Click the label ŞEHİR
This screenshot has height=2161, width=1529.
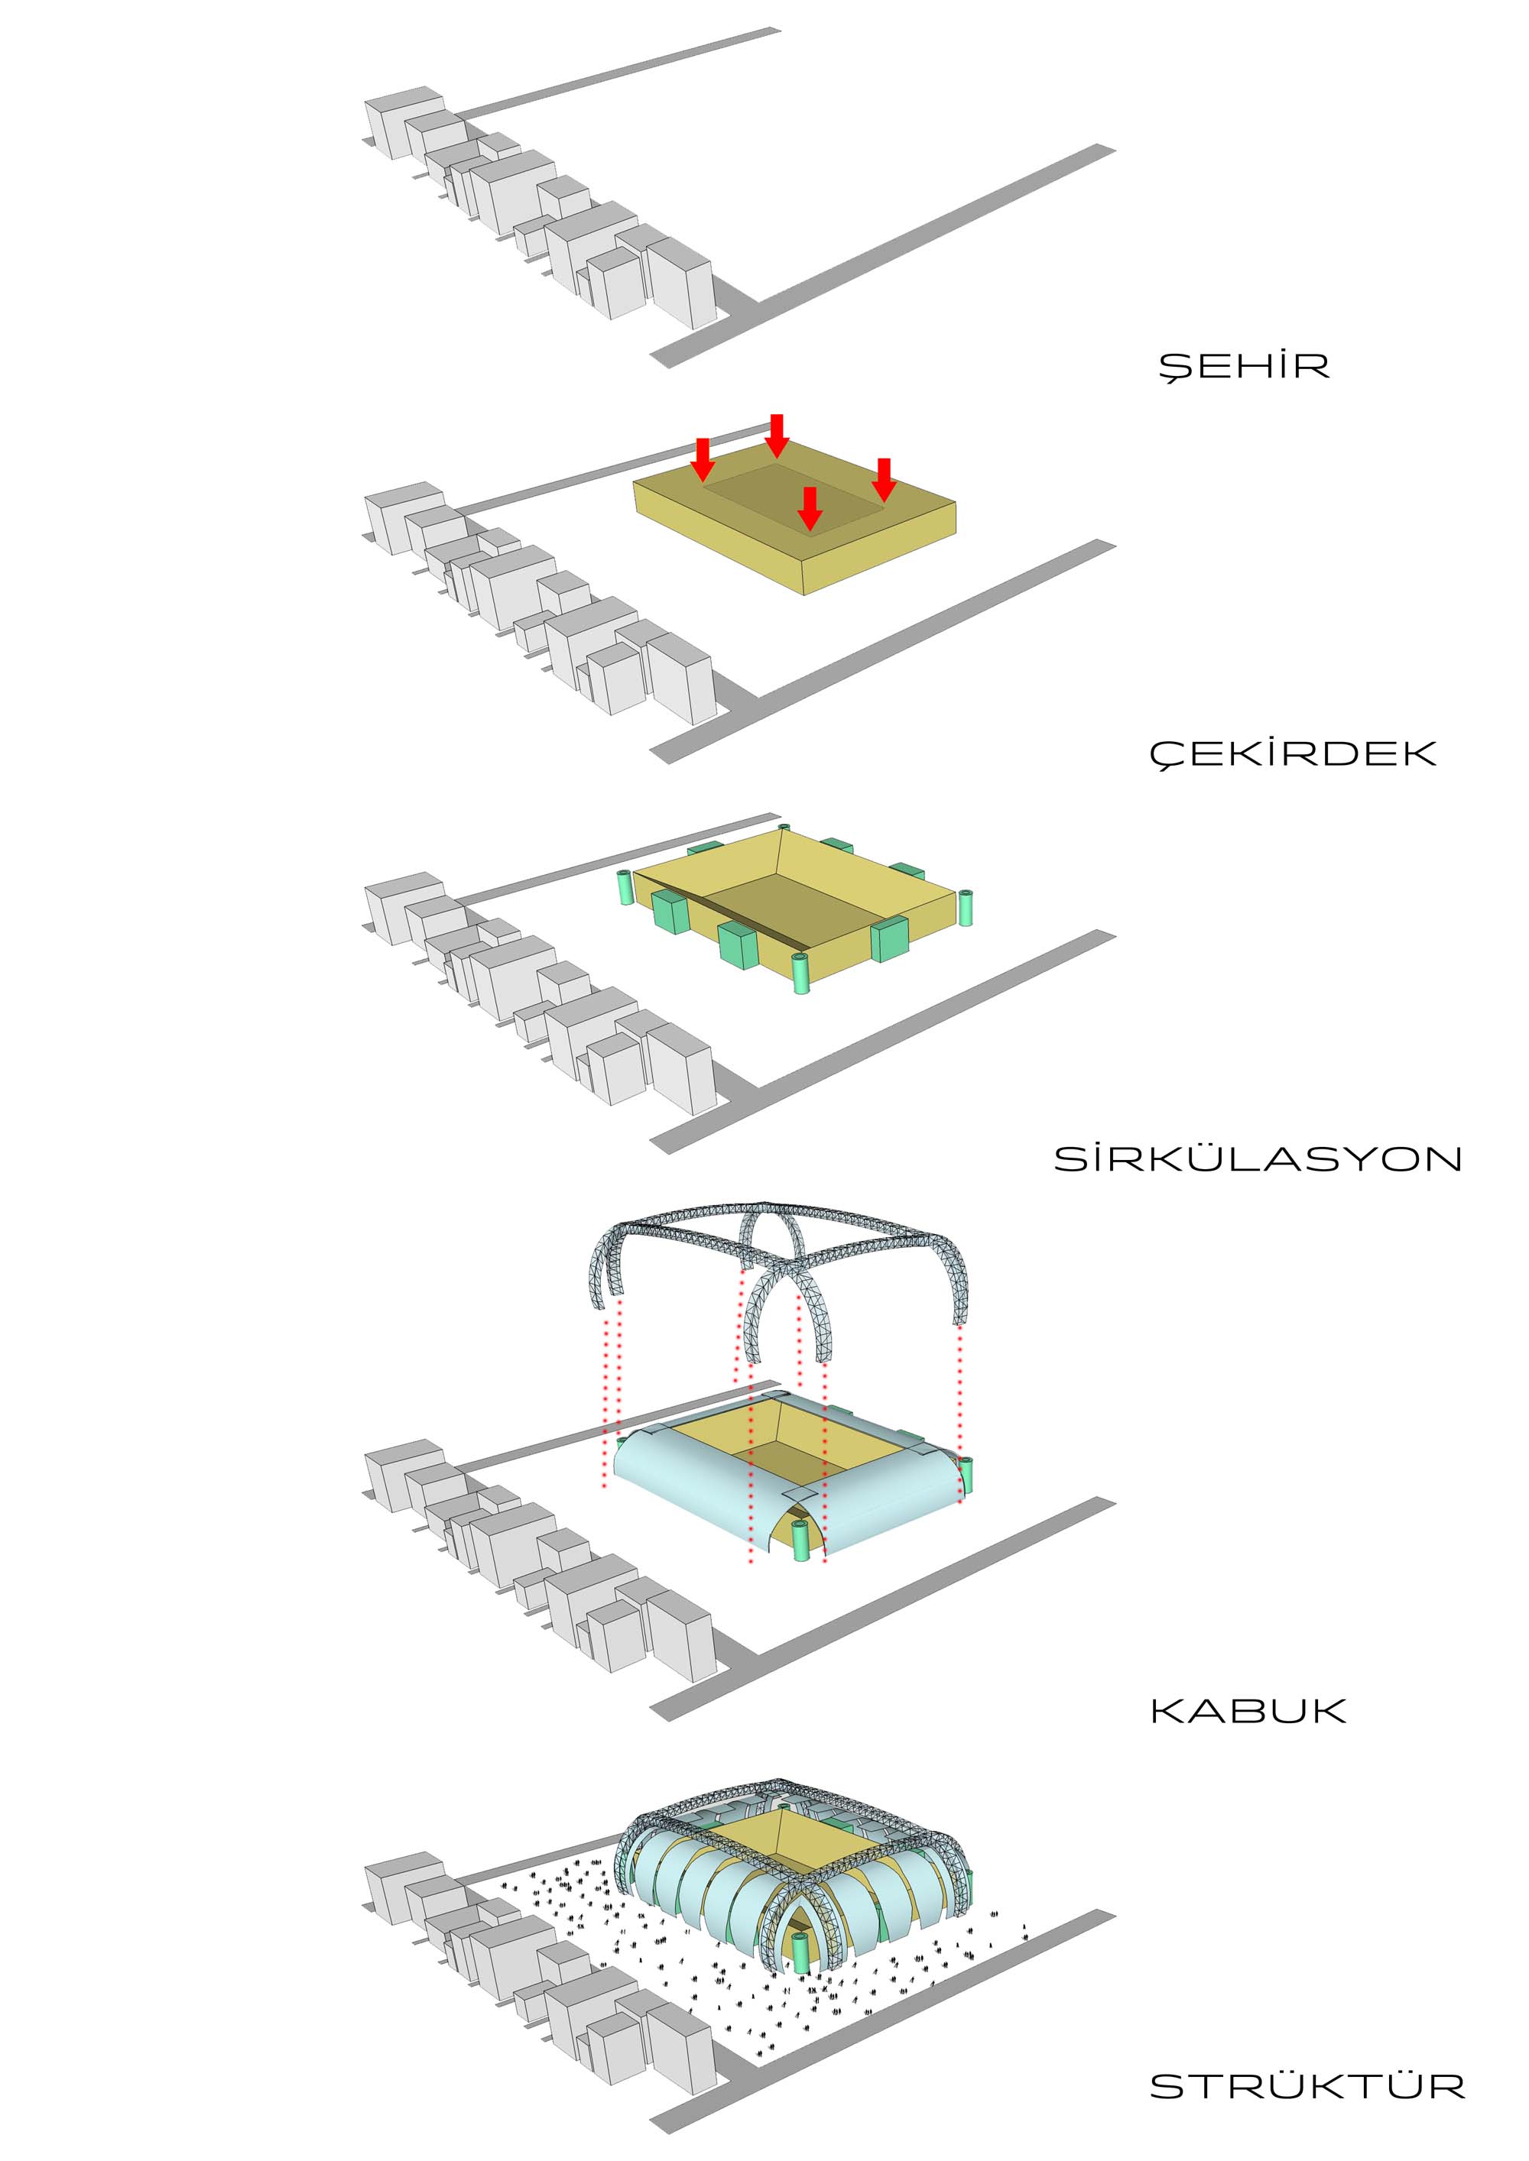(1243, 365)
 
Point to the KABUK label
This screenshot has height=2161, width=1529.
(1248, 1710)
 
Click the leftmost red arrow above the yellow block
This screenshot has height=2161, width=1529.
(703, 459)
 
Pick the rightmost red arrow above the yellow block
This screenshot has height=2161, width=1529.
(883, 480)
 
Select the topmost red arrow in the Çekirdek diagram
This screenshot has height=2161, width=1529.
(776, 435)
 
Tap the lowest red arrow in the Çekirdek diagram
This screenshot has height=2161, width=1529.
(810, 508)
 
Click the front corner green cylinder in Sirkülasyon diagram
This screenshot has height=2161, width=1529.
(801, 974)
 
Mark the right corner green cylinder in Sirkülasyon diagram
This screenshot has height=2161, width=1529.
(964, 906)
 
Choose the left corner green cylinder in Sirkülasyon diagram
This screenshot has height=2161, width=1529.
(623, 888)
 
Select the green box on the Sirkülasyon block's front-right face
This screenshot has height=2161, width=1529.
(889, 938)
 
